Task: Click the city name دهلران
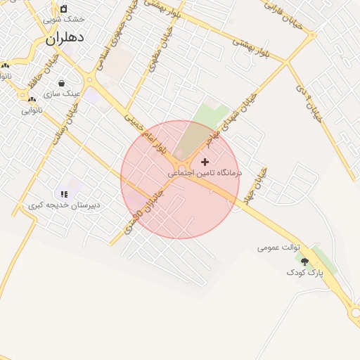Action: click(65, 39)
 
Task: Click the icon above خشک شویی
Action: click(64, 8)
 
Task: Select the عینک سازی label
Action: click(62, 93)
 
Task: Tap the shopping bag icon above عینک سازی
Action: click(61, 82)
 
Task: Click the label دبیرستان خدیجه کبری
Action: click(64, 205)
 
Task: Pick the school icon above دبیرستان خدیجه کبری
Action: click(64, 194)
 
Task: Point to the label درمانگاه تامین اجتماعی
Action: click(205, 172)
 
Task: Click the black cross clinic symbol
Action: click(205, 162)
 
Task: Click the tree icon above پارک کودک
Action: click(304, 261)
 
